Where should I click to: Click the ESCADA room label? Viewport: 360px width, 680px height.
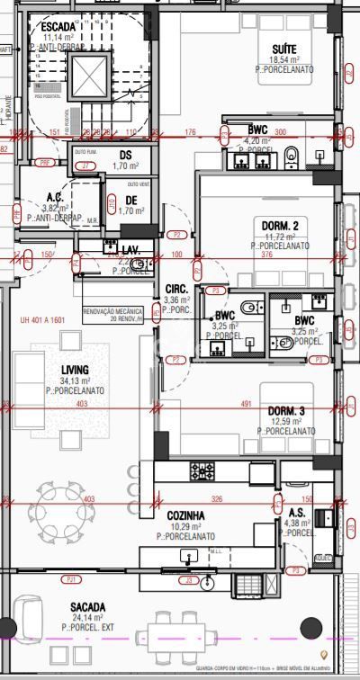coord(52,27)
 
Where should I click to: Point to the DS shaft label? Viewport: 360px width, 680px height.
coord(125,155)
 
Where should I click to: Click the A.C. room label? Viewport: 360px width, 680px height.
coord(55,196)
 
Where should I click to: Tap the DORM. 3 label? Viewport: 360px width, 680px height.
coord(286,411)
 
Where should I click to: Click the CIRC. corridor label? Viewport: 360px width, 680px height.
coord(175,289)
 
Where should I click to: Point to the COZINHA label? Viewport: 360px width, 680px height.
coord(185,515)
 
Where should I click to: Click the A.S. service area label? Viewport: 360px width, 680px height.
coord(297,512)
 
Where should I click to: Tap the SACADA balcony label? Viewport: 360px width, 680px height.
coord(88,607)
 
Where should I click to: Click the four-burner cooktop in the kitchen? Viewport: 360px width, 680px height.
coord(200,470)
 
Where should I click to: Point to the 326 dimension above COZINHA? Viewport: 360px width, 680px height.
coord(216,498)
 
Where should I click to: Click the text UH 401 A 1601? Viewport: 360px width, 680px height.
coord(42,319)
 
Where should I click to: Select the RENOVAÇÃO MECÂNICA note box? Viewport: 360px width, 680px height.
coord(115,313)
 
